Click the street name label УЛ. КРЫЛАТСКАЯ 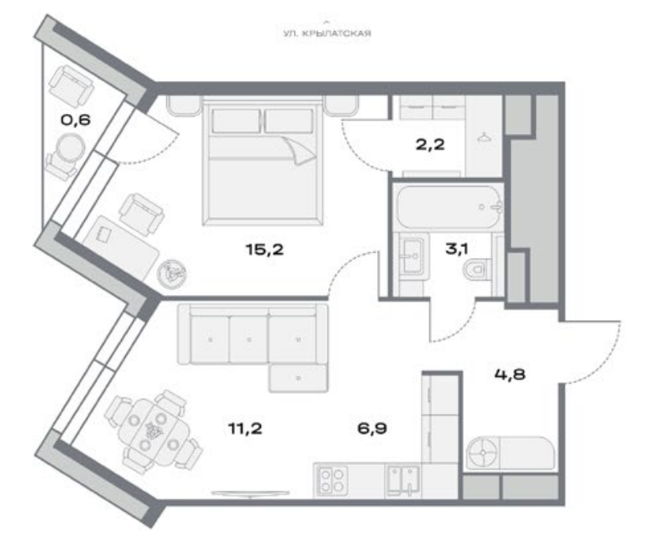(327, 34)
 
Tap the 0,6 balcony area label (76, 120)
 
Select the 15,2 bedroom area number (265, 249)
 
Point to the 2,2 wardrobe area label (430, 145)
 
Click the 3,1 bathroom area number (456, 249)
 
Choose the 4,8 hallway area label (510, 374)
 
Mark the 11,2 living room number (245, 428)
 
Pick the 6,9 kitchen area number (371, 428)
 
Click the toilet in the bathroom (477, 268)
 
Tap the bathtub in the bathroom (449, 208)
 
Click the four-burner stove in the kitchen (332, 480)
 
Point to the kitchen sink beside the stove (403, 480)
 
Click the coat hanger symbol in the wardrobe (484, 137)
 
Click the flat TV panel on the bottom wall (250, 493)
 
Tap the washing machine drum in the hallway (483, 452)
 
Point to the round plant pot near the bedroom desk (172, 273)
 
